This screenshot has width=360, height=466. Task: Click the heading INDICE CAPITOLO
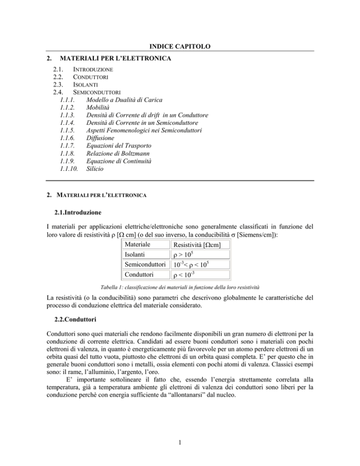click(180, 45)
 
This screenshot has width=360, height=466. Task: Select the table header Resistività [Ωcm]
click(201, 245)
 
